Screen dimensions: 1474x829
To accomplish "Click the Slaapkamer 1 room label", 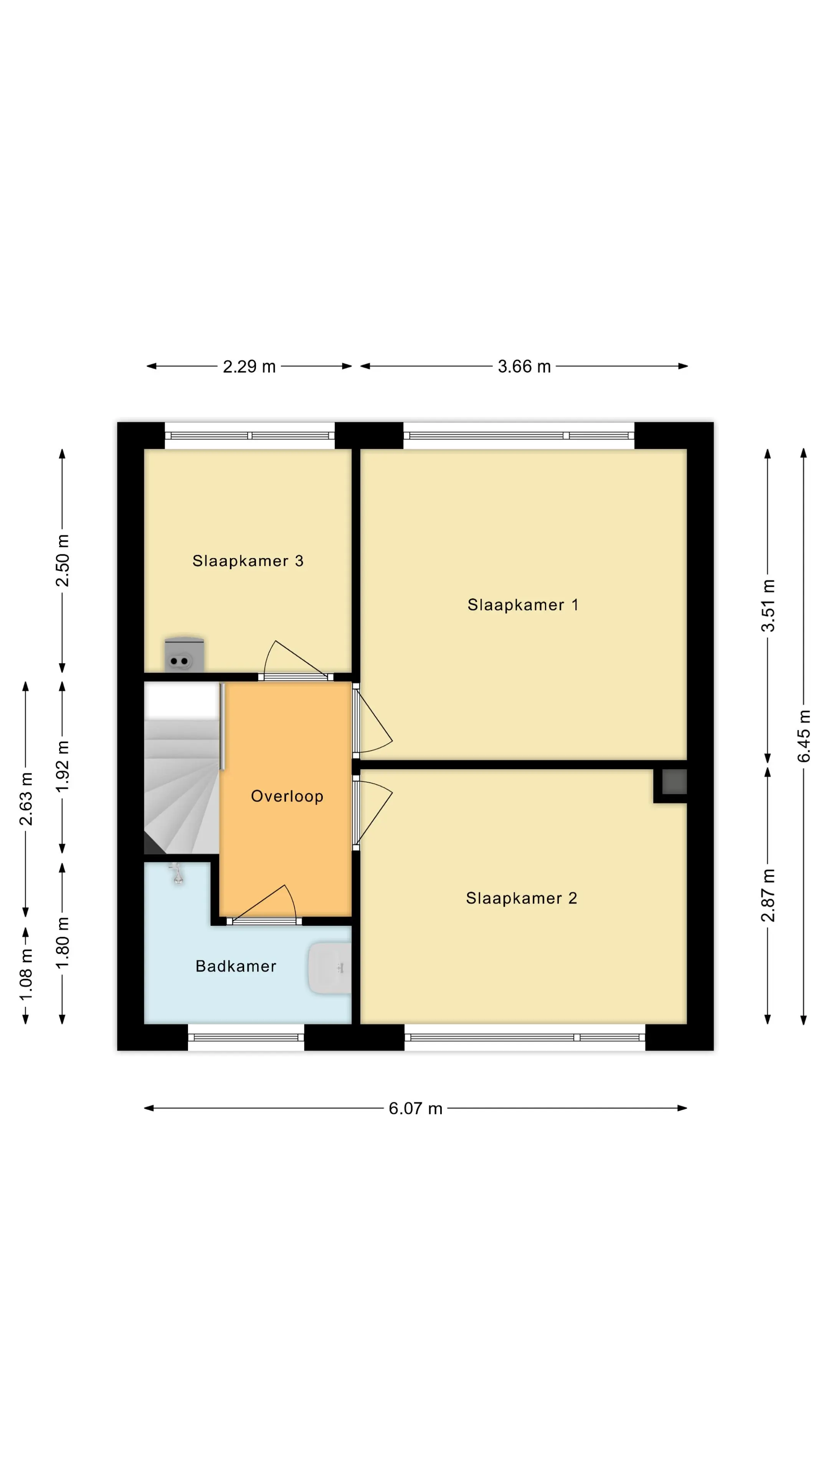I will (x=523, y=605).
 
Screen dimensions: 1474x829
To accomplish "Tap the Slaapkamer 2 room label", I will (x=521, y=898).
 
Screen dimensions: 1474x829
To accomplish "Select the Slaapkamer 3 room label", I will (x=248, y=561).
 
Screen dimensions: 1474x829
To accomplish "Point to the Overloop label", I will (x=287, y=796).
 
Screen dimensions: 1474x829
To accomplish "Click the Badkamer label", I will (x=236, y=967).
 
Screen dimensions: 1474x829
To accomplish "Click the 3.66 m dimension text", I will (x=524, y=366).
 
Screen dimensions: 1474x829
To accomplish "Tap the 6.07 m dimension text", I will (x=415, y=1108).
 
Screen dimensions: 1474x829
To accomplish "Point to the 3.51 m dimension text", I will (x=768, y=605).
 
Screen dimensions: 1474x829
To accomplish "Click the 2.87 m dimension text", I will (x=768, y=896).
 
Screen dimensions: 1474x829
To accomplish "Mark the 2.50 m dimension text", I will (x=62, y=561).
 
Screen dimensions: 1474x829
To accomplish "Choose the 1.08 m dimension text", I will (x=26, y=975).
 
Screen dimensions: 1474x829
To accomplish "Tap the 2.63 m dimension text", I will (x=26, y=799).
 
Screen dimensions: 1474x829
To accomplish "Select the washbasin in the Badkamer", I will (x=330, y=968).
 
